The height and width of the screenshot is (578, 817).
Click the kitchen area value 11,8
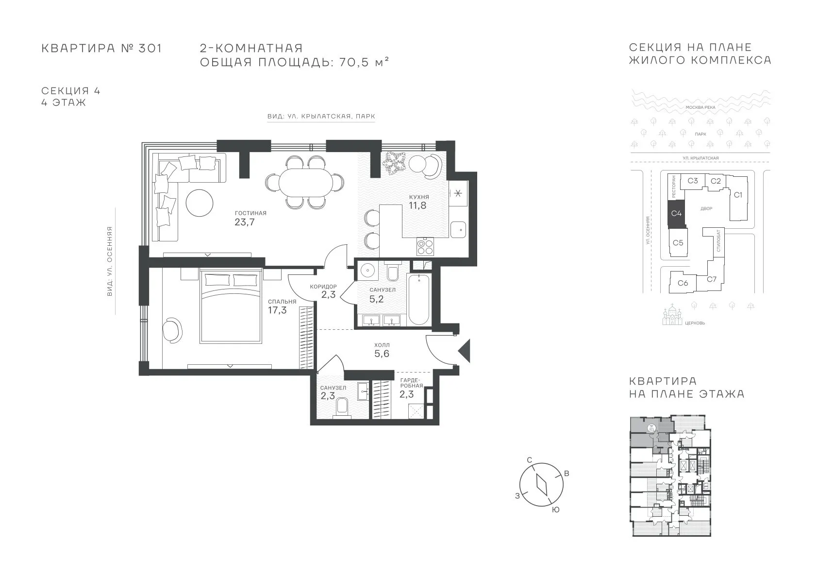click(x=417, y=205)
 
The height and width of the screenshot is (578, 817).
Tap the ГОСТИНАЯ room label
click(x=250, y=213)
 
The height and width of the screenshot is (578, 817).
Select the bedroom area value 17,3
click(x=278, y=310)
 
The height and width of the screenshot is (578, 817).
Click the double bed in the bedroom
click(x=231, y=306)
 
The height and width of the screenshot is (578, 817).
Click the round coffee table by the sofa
click(x=199, y=203)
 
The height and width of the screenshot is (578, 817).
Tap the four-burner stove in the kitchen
click(x=425, y=246)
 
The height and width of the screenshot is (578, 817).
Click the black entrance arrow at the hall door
click(x=465, y=351)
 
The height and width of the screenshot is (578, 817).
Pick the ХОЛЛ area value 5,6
click(x=382, y=354)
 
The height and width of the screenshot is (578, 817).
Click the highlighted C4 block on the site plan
click(x=676, y=213)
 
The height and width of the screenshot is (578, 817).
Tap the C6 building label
click(x=683, y=283)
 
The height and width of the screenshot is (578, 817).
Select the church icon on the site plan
click(x=672, y=315)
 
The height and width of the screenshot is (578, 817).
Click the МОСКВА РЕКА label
click(x=700, y=107)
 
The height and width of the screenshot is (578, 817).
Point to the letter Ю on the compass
click(x=555, y=510)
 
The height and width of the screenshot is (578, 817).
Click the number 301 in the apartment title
click(x=150, y=48)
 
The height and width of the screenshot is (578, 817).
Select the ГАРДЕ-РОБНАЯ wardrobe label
click(x=412, y=383)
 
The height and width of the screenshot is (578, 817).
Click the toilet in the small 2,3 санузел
click(x=342, y=407)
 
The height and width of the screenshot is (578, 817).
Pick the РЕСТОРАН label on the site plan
click(x=673, y=187)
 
